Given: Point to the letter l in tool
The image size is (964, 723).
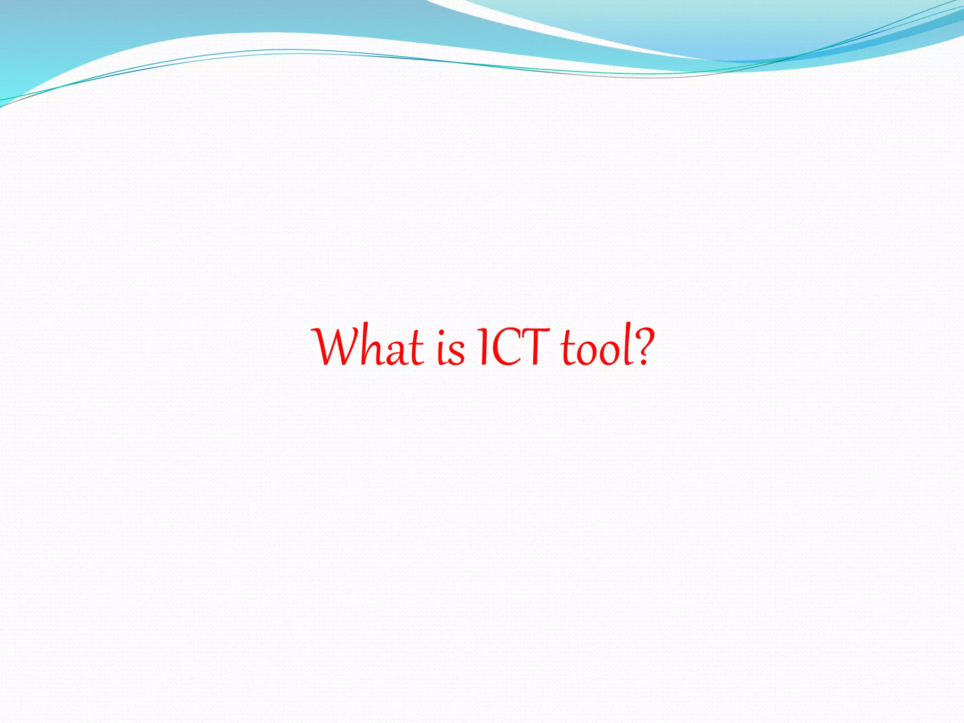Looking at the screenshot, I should click(627, 346).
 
